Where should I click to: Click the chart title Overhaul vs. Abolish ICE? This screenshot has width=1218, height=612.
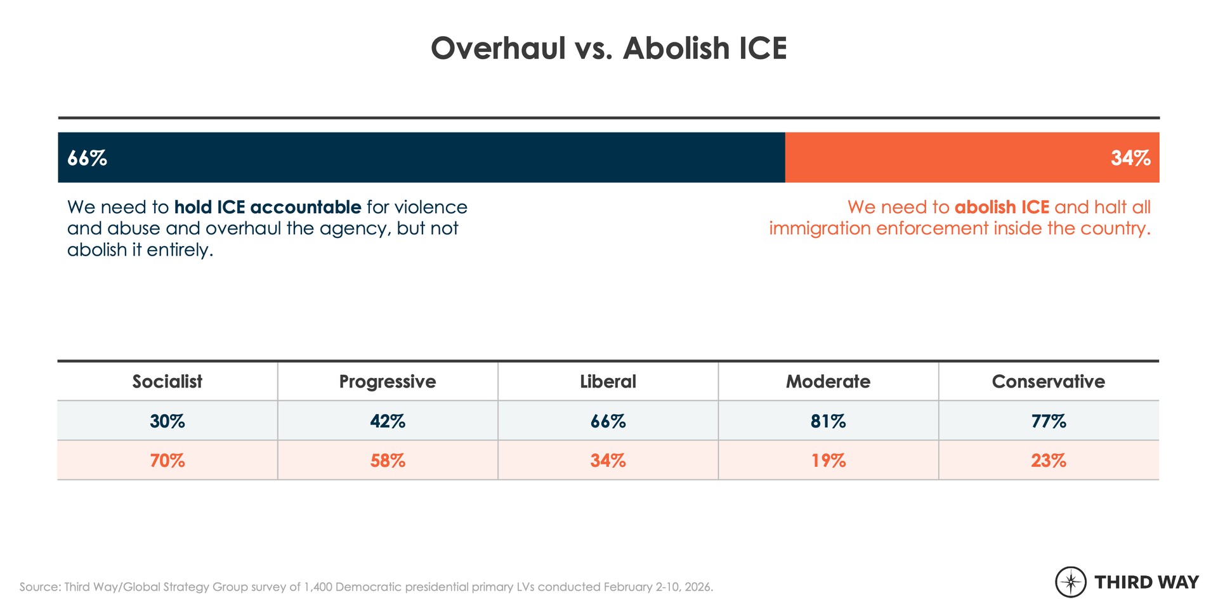pos(608,48)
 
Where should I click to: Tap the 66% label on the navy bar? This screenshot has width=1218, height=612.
pos(87,158)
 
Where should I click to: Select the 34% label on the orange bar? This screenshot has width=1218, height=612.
pos(1130,158)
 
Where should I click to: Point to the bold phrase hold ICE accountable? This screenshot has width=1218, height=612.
pos(267,207)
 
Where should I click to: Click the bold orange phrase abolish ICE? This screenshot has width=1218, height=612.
pos(1002,207)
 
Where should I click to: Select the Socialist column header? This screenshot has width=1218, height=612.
pos(167,381)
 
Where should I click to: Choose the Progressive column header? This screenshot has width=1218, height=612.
pos(387,381)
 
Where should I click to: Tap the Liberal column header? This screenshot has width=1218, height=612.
pos(608,381)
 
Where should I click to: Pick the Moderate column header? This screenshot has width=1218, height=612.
pos(828,381)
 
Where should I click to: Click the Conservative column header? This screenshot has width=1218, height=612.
pos(1048,381)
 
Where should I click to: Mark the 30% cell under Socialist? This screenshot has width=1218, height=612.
pos(167,421)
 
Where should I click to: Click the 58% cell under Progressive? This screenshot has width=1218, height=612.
pos(387,460)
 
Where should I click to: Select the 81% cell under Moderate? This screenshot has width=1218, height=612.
pos(828,421)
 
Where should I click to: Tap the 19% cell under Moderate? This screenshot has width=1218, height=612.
pos(828,460)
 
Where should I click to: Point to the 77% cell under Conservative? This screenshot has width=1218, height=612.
pos(1048,421)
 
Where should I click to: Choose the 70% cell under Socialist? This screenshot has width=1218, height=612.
pos(167,460)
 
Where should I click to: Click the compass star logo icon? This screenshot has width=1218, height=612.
pos(1071,582)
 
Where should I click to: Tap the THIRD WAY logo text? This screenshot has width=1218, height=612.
pos(1146,582)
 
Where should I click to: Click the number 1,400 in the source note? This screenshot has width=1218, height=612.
pos(318,587)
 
